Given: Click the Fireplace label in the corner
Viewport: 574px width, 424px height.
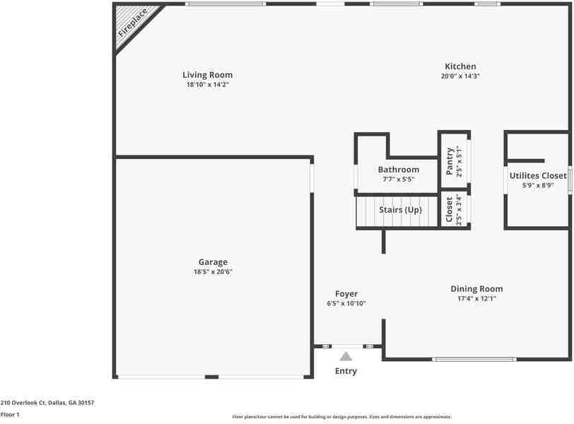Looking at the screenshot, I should tap(133, 23).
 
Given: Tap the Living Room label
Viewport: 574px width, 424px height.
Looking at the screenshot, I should tap(207, 75).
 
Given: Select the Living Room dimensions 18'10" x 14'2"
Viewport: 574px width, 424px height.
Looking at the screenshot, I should tap(207, 85).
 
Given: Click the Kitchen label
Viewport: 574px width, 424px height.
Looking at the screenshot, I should tap(460, 66).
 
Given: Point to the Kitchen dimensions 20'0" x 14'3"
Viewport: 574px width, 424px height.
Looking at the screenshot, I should tap(460, 76).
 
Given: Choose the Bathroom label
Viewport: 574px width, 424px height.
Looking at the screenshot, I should tap(398, 170).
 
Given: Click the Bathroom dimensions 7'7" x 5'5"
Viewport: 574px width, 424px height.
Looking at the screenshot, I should tap(398, 179).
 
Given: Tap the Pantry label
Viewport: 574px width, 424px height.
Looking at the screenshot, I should tap(450, 161).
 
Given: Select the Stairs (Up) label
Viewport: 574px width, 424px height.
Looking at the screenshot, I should tap(401, 210).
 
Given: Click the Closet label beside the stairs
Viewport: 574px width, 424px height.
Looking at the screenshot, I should tap(450, 209).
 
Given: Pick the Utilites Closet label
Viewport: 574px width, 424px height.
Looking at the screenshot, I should tap(538, 176).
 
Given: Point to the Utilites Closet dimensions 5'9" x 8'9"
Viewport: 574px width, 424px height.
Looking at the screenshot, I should tap(538, 186).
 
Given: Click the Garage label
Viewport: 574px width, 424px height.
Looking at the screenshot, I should tap(213, 262).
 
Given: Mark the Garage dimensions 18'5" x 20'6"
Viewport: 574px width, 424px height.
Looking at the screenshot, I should tap(213, 272).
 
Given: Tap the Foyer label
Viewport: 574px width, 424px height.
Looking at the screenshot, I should tap(346, 294).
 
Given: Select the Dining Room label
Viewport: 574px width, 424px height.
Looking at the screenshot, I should tap(477, 288).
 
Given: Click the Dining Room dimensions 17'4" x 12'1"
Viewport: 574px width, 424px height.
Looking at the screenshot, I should tap(477, 298).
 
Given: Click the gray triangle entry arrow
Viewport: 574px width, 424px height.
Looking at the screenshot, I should tap(346, 357).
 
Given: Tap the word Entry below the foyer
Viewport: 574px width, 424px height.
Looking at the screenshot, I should tap(346, 371).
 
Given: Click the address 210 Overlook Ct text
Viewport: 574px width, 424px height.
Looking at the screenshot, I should tap(47, 403).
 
